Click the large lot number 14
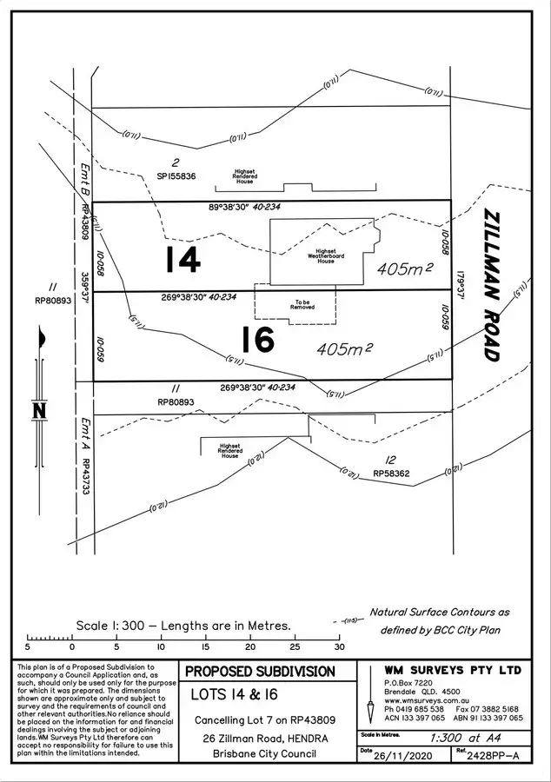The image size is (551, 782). (x=183, y=259)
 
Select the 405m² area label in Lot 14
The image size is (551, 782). (x=406, y=269)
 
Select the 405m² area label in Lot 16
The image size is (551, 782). (x=345, y=348)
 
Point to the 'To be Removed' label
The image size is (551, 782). (x=302, y=305)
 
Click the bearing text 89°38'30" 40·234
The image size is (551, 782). (x=247, y=208)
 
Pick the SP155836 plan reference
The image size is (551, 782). (x=176, y=176)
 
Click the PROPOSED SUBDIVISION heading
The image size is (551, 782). (x=261, y=672)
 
